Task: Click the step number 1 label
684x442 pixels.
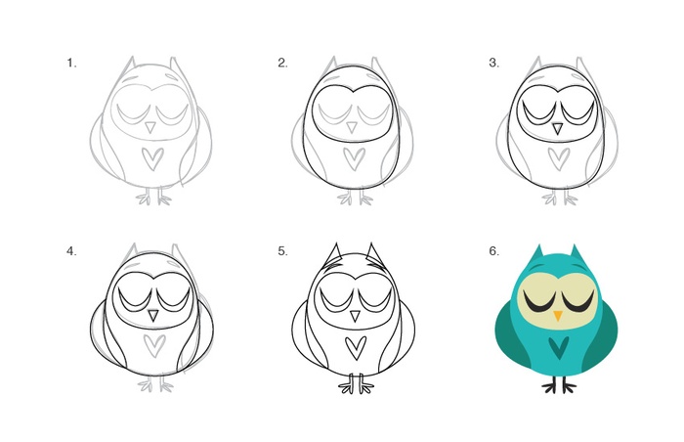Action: pyautogui.click(x=71, y=63)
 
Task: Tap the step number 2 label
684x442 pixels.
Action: pyautogui.click(x=282, y=63)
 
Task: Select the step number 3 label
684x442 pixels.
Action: pyautogui.click(x=493, y=63)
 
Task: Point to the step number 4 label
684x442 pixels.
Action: pyautogui.click(x=71, y=251)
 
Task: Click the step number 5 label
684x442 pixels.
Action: pyautogui.click(x=282, y=251)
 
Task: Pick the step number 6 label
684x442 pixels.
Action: pyautogui.click(x=493, y=251)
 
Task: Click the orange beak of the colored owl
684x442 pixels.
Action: pyautogui.click(x=558, y=315)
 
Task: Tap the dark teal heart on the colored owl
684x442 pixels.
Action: pyautogui.click(x=559, y=347)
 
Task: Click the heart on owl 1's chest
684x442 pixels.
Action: pyautogui.click(x=152, y=159)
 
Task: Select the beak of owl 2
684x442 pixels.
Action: pyautogui.click(x=352, y=127)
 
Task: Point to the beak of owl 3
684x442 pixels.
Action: pyautogui.click(x=557, y=128)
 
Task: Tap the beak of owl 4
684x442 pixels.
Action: pyautogui.click(x=153, y=316)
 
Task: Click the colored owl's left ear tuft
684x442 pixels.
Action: pyautogui.click(x=536, y=253)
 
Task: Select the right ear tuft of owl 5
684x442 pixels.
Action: pyautogui.click(x=374, y=255)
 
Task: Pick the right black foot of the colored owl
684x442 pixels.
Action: pyautogui.click(x=568, y=384)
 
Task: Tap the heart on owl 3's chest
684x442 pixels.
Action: pyautogui.click(x=559, y=159)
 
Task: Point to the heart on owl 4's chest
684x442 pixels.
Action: pyautogui.click(x=154, y=346)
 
